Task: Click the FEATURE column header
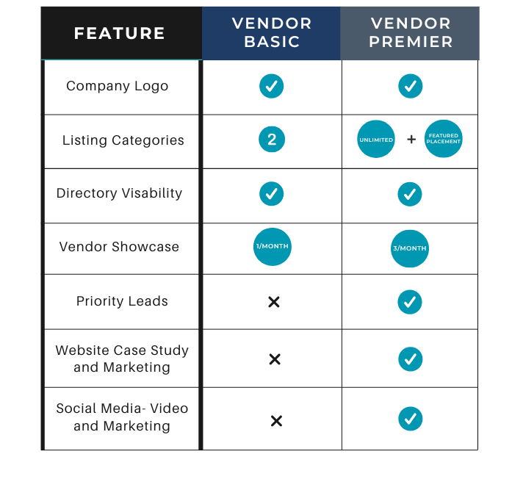(x=120, y=33)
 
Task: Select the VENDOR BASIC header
(x=272, y=33)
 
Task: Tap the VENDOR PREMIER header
(x=410, y=33)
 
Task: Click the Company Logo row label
(x=118, y=86)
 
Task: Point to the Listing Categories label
(x=123, y=140)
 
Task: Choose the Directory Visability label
(x=119, y=193)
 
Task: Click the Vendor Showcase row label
(x=119, y=247)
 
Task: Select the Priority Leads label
(x=122, y=301)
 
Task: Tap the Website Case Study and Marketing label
(x=122, y=359)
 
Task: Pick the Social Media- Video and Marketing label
(x=122, y=417)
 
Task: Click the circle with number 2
(x=272, y=140)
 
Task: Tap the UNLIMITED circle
(x=376, y=139)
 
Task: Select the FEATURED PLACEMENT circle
(x=444, y=139)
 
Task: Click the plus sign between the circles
(x=411, y=139)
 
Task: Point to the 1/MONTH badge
(x=272, y=247)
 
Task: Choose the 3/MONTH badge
(x=410, y=248)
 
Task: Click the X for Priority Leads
(x=274, y=302)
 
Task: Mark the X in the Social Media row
(x=276, y=421)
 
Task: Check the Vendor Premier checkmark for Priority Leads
(x=410, y=302)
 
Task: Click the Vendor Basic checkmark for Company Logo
(x=272, y=86)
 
